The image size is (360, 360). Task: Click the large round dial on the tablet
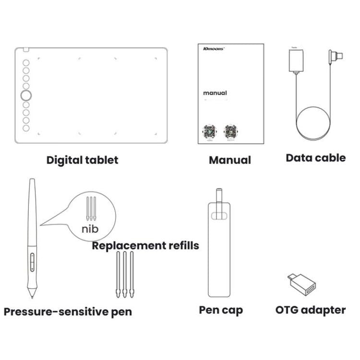(x=26, y=96)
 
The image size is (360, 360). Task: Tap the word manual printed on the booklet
(x=215, y=93)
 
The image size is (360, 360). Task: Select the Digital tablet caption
(x=82, y=160)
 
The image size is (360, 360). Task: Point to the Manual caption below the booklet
(x=229, y=160)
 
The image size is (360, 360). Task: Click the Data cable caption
(x=315, y=158)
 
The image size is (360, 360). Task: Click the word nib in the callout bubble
(x=90, y=228)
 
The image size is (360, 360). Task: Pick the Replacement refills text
(x=145, y=246)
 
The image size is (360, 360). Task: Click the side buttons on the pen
(x=32, y=262)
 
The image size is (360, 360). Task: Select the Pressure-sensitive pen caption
(x=68, y=312)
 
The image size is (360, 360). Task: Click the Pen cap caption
(x=221, y=310)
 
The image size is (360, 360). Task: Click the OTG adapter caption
(x=310, y=310)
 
